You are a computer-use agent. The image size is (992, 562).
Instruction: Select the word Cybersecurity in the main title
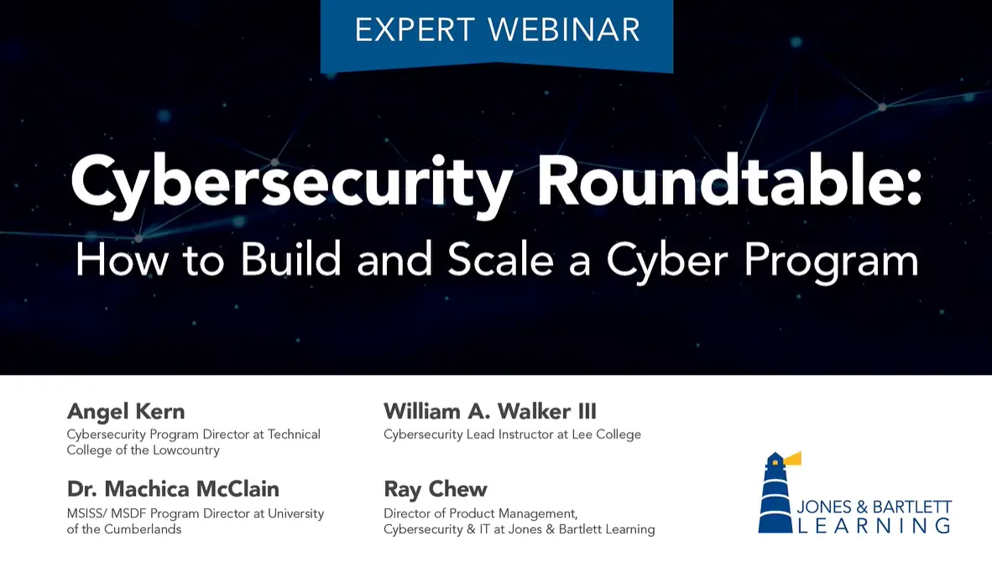pos(290,183)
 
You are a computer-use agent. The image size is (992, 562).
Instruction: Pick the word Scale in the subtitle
pos(500,260)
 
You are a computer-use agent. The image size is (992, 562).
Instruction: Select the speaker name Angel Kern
pos(126,412)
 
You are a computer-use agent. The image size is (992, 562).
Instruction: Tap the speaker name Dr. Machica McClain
pos(173,489)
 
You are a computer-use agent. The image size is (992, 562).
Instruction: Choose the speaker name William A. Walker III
pos(490,412)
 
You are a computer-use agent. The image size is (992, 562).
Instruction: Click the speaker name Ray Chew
pos(436,489)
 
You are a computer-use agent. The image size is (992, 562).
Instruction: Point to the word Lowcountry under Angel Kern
pos(180,450)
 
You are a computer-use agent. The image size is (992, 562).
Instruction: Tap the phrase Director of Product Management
pos(480,513)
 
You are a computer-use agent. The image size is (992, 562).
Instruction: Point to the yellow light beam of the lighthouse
pos(792,458)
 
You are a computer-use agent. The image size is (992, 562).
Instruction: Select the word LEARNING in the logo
pos(873,526)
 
